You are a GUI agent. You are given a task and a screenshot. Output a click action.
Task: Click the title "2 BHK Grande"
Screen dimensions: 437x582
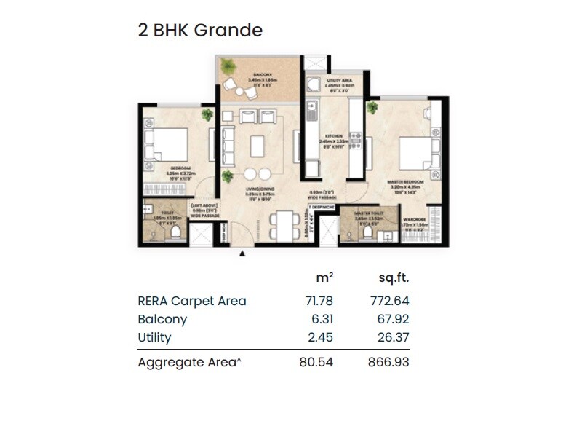[200, 31]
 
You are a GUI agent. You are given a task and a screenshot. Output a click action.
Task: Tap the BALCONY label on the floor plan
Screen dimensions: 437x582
[262, 75]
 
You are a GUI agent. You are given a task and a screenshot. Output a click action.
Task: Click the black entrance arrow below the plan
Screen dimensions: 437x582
[242, 253]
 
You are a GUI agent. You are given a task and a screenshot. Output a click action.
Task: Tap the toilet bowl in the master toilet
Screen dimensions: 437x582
[369, 232]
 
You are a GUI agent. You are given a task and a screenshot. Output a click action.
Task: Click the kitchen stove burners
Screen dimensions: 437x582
[356, 138]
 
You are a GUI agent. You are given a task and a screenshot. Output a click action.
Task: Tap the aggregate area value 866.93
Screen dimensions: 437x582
[390, 362]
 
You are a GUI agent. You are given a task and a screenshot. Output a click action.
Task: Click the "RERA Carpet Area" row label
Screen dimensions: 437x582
[192, 301]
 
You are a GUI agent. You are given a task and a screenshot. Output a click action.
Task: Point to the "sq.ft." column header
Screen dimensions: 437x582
[394, 278]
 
